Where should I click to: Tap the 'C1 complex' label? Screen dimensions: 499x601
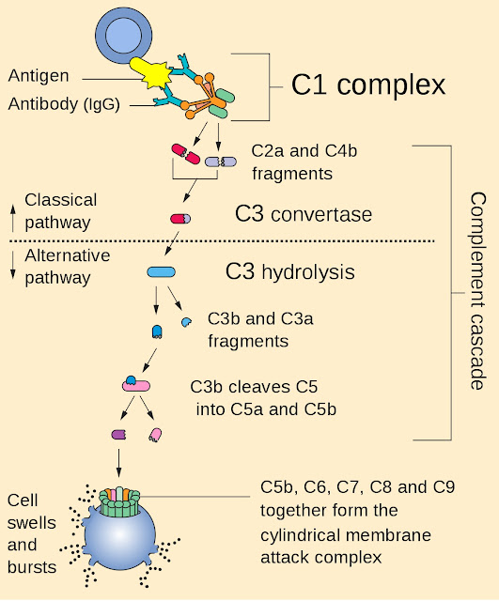368,85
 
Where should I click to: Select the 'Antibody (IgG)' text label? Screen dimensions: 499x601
64,104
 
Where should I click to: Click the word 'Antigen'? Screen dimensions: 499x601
39,76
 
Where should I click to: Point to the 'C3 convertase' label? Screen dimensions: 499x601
304,214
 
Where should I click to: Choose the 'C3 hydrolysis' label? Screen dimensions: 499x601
290,272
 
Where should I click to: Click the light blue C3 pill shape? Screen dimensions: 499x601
161,272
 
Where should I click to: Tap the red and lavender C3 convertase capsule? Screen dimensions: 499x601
180,219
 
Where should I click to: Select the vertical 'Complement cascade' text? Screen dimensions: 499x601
478,291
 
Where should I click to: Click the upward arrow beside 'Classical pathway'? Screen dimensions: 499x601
13,218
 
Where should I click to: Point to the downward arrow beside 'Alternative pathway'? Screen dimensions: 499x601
13,265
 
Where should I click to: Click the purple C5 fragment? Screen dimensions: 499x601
119,435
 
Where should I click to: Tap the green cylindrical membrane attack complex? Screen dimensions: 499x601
119,502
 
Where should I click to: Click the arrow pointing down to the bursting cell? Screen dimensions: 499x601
118,463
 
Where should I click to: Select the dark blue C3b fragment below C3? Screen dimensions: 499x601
157,331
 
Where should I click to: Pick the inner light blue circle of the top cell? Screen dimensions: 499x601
123,36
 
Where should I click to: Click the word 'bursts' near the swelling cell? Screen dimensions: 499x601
32,567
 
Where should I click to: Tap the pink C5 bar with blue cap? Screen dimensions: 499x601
136,384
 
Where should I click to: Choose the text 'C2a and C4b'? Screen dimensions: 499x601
304,151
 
